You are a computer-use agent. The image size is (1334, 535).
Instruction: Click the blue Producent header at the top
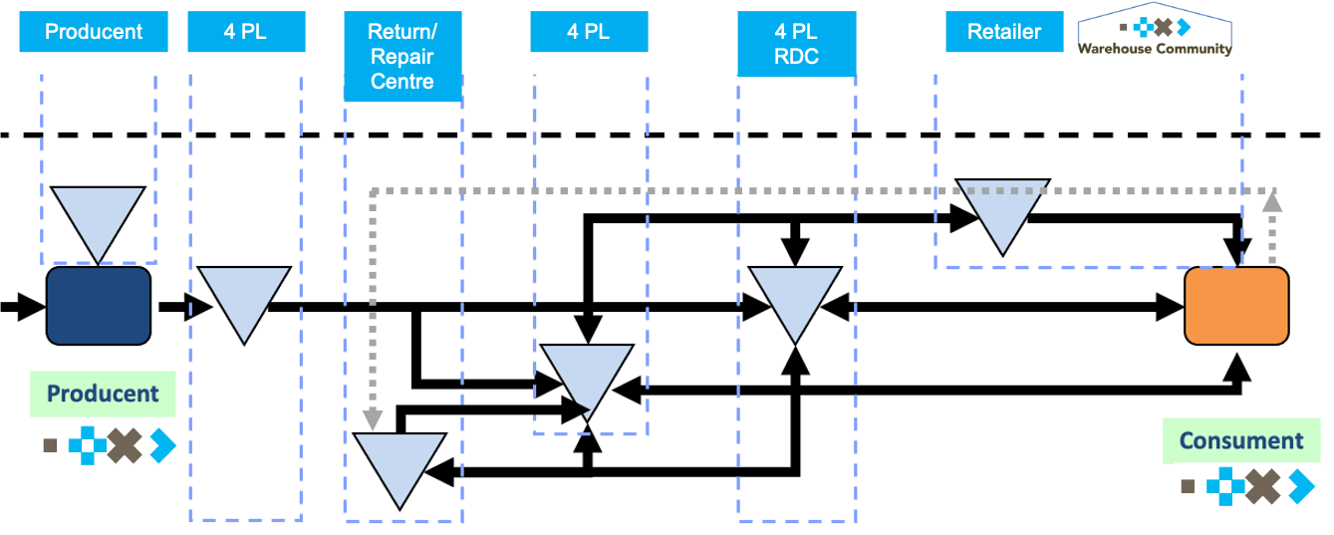click(94, 32)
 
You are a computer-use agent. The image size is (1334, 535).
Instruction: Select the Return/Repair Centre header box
click(402, 57)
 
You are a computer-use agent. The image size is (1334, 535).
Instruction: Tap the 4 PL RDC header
click(796, 45)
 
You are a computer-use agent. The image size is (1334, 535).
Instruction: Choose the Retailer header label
click(1004, 32)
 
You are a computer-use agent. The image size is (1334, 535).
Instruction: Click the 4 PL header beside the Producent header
click(245, 32)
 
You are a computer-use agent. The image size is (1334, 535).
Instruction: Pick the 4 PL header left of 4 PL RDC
click(588, 32)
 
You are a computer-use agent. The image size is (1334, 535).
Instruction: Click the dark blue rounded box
click(99, 305)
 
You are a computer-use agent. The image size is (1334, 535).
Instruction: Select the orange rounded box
click(1236, 306)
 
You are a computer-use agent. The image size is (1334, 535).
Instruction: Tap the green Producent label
click(103, 394)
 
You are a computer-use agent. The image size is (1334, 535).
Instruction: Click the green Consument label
click(1240, 440)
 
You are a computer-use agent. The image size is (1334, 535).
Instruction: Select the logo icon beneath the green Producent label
click(110, 445)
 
